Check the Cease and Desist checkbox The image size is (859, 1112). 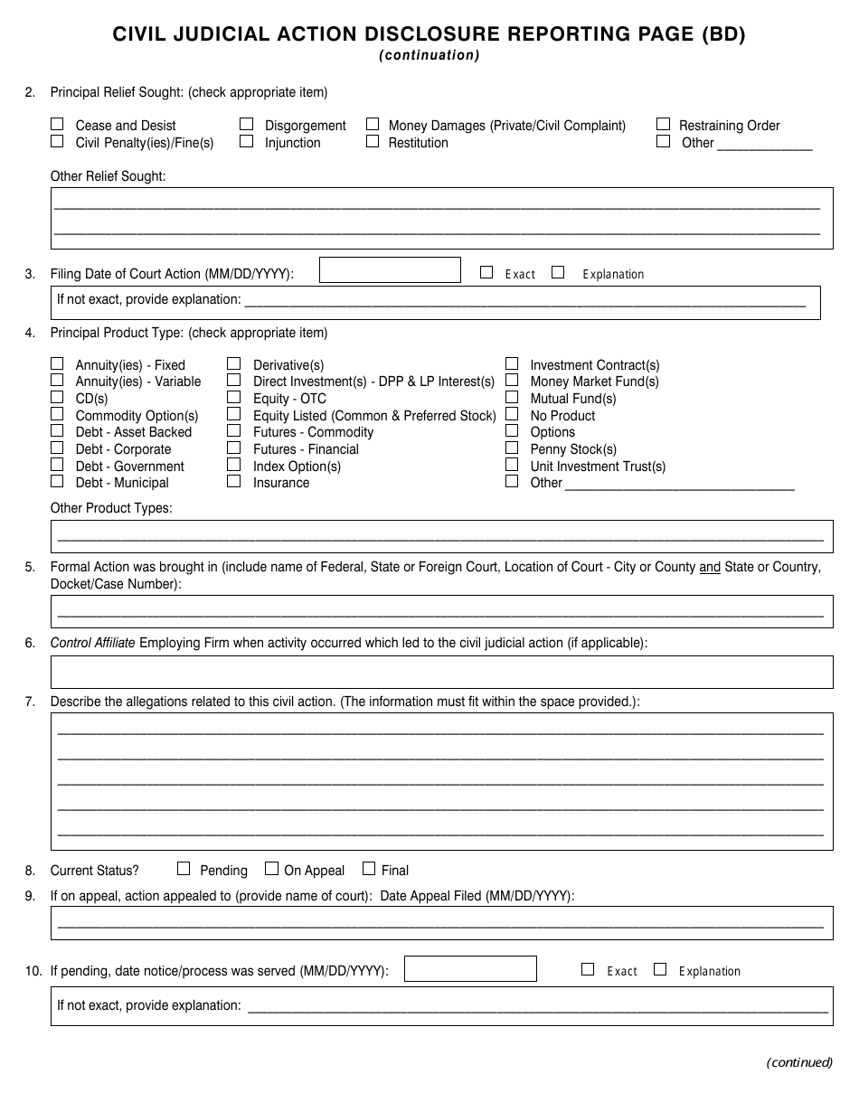coord(57,124)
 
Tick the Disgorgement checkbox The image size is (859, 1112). coord(246,124)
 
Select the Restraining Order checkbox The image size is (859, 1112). coord(663,124)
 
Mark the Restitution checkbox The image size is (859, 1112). coord(373,141)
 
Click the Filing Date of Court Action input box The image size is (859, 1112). coord(390,270)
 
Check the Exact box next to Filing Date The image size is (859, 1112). coord(486,271)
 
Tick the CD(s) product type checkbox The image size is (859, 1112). coord(57,397)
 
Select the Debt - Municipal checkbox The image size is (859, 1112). coord(57,482)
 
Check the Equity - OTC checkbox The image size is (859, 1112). coord(234,397)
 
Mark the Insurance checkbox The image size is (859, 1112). coord(234,482)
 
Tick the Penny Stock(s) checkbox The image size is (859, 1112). coord(512,448)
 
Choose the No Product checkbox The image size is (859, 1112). coord(512,414)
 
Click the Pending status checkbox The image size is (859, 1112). coord(184,868)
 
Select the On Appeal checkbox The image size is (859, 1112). coord(271,868)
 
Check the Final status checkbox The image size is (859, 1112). coord(368,868)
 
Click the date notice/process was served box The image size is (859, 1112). coord(469,968)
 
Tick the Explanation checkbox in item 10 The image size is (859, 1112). coord(660,969)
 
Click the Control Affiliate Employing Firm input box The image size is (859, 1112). coord(441,672)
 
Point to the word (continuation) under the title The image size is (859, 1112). coord(429,55)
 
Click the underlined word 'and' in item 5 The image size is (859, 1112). coord(710,567)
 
